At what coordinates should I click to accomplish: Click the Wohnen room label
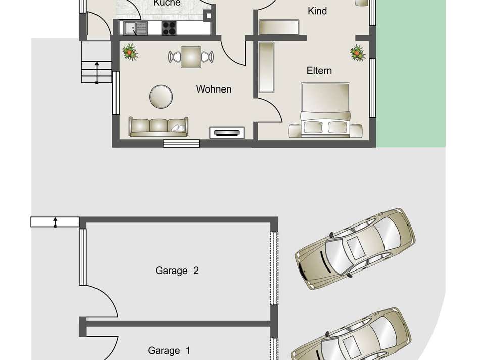(x=214, y=89)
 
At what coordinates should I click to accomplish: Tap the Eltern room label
(x=319, y=71)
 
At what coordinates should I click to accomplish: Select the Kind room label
(x=317, y=11)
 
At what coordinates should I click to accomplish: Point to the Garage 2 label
(x=177, y=271)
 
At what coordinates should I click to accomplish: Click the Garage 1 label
(x=169, y=350)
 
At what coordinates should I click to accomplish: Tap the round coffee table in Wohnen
(x=161, y=95)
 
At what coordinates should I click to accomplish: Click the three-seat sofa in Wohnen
(x=158, y=126)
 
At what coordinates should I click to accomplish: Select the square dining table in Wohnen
(x=190, y=56)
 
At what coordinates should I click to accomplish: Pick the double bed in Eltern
(x=325, y=110)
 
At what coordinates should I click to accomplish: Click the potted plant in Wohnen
(x=131, y=51)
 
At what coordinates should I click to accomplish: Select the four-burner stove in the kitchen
(x=169, y=28)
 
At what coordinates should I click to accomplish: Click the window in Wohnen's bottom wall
(x=181, y=144)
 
